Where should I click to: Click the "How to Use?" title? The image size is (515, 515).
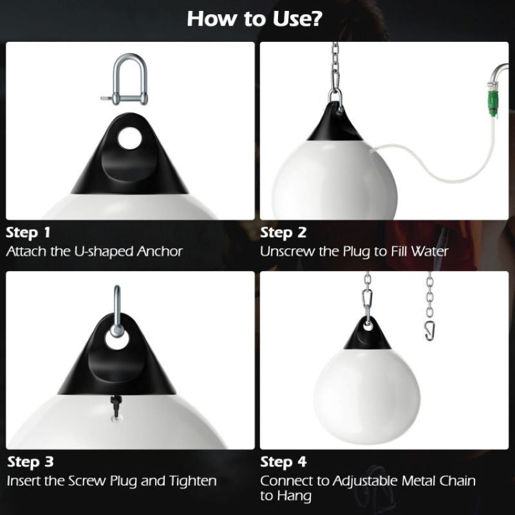point(255,19)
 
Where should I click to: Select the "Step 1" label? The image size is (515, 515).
point(28,232)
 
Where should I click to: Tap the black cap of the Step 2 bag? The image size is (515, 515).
point(332,122)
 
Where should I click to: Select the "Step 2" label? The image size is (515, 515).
point(283,232)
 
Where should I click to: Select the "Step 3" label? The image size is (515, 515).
point(29,462)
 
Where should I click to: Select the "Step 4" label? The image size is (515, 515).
point(283,462)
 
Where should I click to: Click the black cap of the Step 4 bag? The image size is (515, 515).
point(367,335)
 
